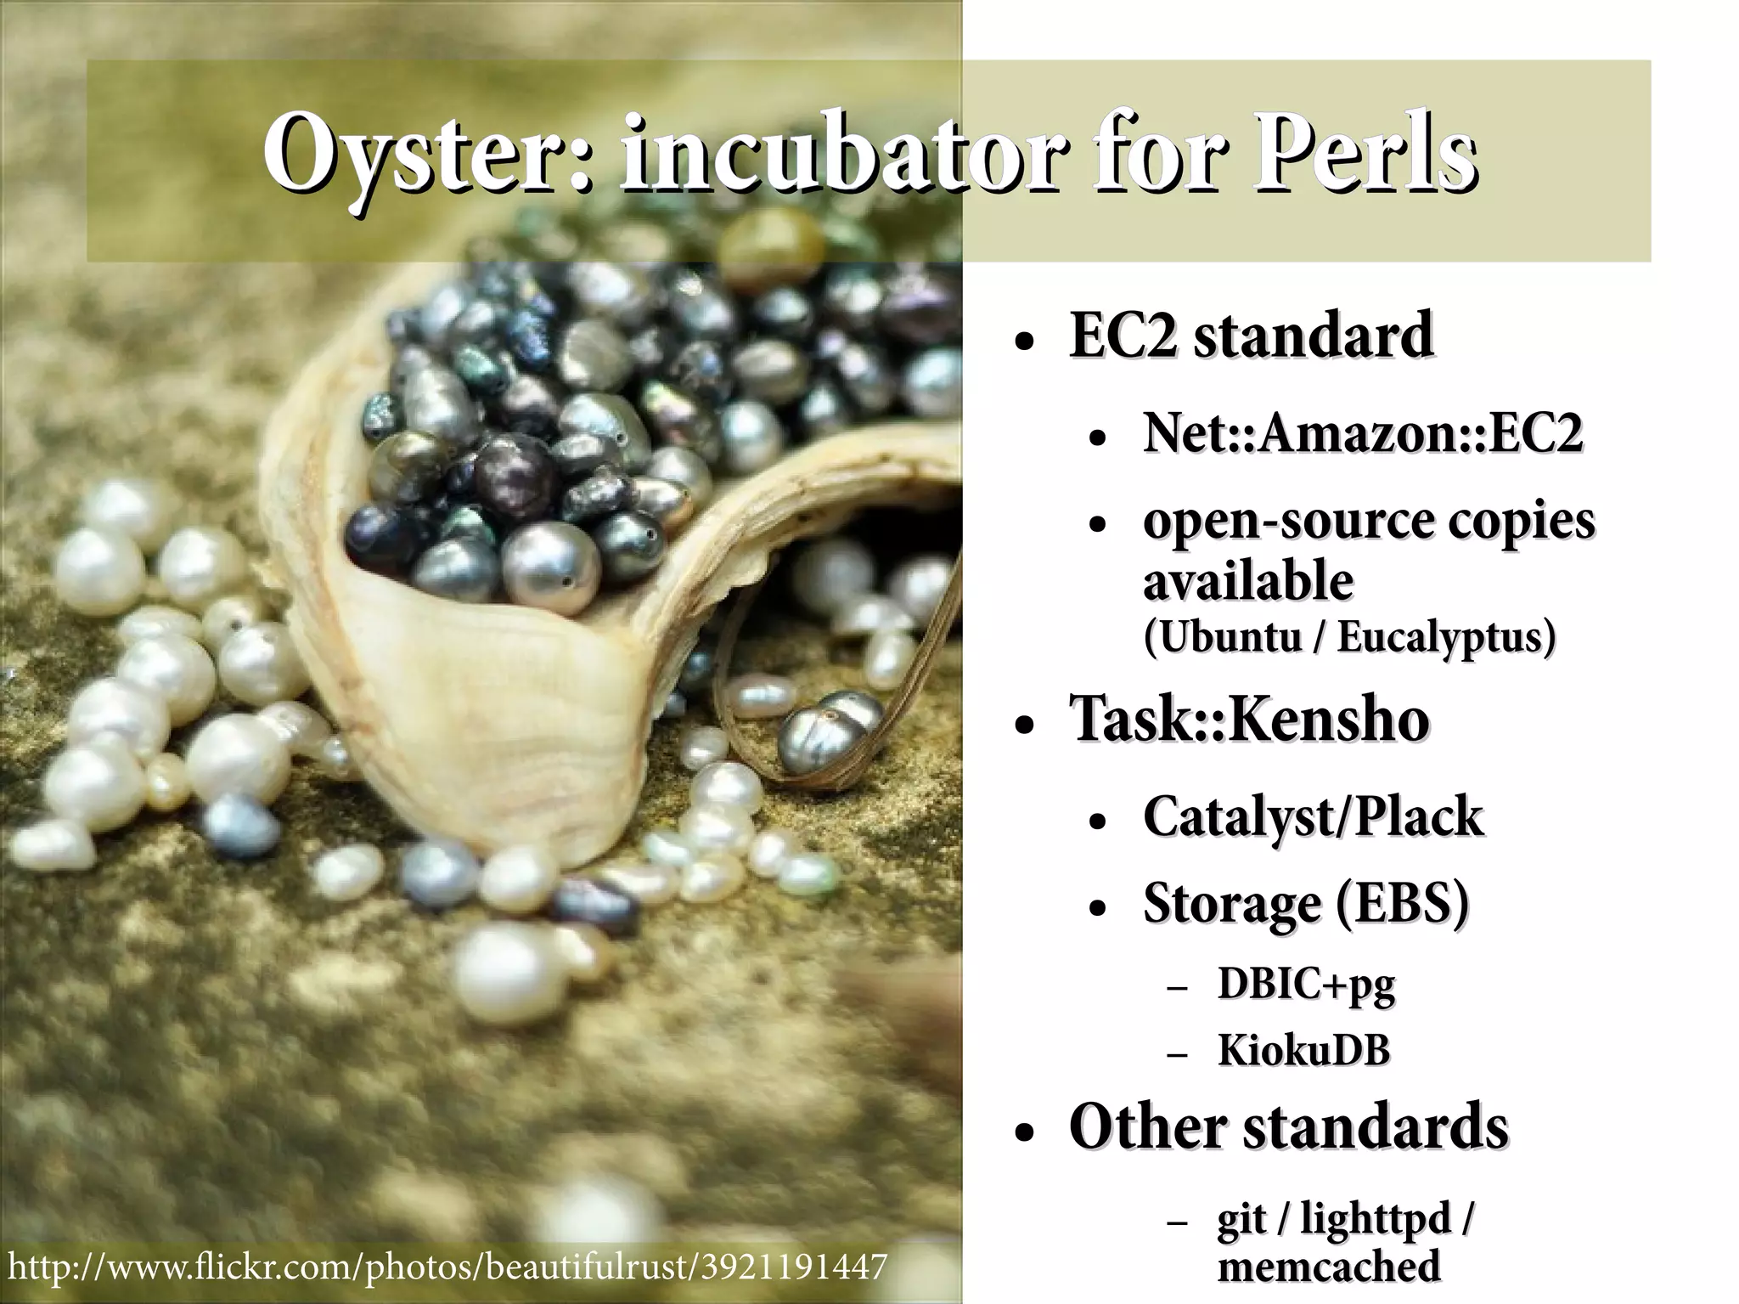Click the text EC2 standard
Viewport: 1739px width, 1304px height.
[x=1251, y=336]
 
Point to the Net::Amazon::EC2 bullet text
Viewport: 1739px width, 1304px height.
[x=1363, y=433]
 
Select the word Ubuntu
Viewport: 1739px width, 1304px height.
[x=1224, y=637]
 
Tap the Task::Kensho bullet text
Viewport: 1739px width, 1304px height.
[x=1249, y=720]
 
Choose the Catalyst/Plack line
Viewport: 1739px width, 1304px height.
[x=1313, y=817]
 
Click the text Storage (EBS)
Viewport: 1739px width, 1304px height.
[x=1306, y=903]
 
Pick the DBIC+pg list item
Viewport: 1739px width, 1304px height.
[x=1306, y=985]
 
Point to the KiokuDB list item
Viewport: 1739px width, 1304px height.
[x=1304, y=1051]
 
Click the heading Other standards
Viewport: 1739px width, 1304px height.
[x=1288, y=1128]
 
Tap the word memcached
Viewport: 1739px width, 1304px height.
[x=1329, y=1267]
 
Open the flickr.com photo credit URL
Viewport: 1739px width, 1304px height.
[x=447, y=1267]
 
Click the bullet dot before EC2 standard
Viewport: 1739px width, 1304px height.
[x=1025, y=344]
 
